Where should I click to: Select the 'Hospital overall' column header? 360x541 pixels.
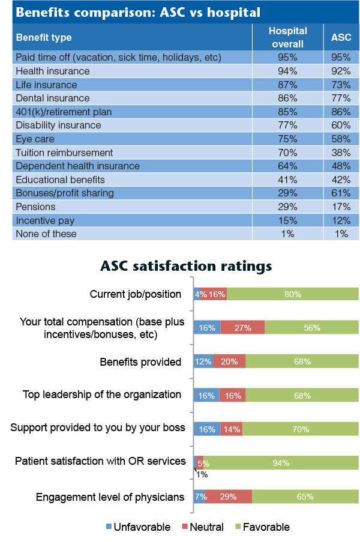(x=287, y=37)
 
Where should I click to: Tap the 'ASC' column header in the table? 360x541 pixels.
(x=341, y=37)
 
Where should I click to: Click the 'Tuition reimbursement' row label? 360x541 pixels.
(x=64, y=153)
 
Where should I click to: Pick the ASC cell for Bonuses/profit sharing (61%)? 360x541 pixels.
(x=341, y=193)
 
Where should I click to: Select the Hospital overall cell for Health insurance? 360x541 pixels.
(x=287, y=71)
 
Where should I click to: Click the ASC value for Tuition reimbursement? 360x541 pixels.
(x=341, y=153)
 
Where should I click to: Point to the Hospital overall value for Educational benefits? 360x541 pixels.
(x=287, y=180)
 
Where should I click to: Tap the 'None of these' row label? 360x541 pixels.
(x=46, y=234)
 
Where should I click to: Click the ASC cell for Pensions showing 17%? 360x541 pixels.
(x=341, y=207)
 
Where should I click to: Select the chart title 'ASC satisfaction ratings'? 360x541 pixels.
(x=186, y=265)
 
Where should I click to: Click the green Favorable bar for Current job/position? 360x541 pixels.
(x=292, y=294)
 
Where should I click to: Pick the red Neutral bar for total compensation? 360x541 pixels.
(x=242, y=328)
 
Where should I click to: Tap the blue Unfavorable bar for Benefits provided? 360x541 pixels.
(x=203, y=361)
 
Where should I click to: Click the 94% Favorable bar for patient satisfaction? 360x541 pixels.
(x=281, y=463)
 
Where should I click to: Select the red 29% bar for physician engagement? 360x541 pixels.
(x=229, y=497)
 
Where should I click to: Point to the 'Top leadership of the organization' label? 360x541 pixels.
(x=102, y=394)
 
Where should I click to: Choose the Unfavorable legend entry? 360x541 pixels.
(x=138, y=527)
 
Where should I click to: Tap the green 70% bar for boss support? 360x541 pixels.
(x=300, y=429)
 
